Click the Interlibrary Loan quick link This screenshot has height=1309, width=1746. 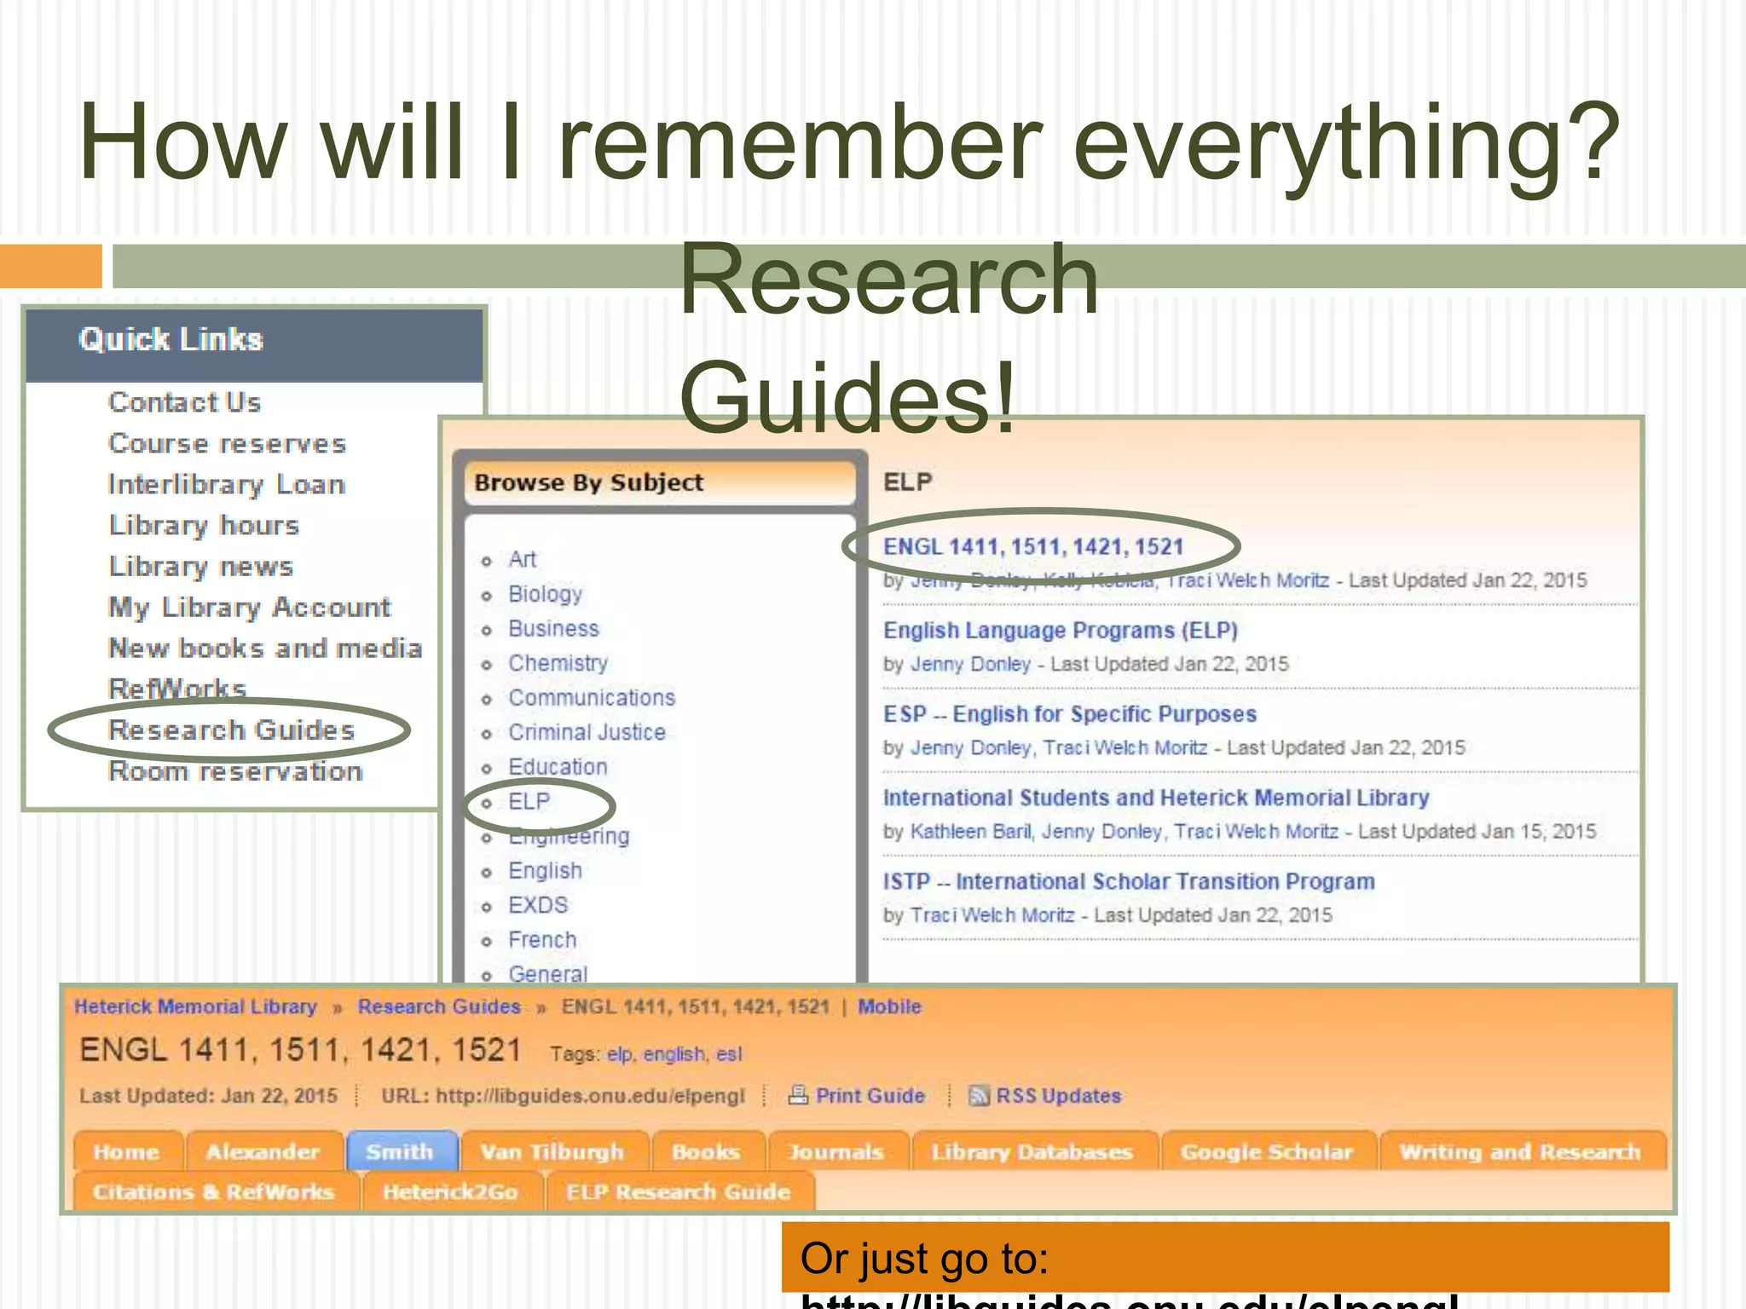[x=227, y=484]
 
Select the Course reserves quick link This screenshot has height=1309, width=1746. [x=227, y=443]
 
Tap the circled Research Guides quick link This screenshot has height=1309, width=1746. [x=231, y=730]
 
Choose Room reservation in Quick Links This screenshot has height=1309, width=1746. [x=235, y=771]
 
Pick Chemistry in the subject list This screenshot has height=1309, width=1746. [x=558, y=663]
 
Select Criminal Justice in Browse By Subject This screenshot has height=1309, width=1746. [x=587, y=732]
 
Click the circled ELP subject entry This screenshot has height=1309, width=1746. [x=529, y=802]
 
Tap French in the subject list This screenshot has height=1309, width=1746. [x=542, y=940]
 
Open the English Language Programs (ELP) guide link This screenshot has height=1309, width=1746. [x=1060, y=631]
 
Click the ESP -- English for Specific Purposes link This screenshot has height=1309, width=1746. [x=1069, y=714]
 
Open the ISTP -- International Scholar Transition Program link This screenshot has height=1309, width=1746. [x=1128, y=881]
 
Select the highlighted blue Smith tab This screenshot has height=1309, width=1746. [x=400, y=1152]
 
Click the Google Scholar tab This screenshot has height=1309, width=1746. [x=1266, y=1152]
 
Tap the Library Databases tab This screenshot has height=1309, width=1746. [x=1032, y=1152]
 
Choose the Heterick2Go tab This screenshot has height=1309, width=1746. [x=450, y=1192]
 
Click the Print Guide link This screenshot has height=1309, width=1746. [x=870, y=1096]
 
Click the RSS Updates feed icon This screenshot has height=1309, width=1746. [x=979, y=1096]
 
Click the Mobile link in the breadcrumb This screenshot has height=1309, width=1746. [x=889, y=1006]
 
